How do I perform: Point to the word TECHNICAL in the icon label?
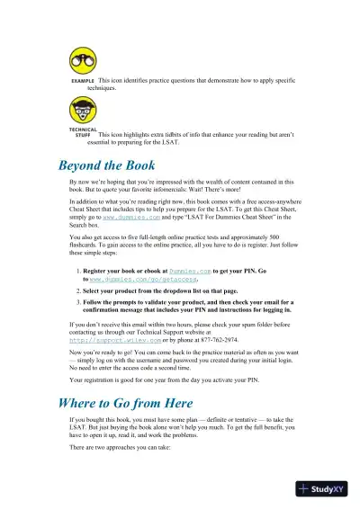pyautogui.click(x=83, y=129)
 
